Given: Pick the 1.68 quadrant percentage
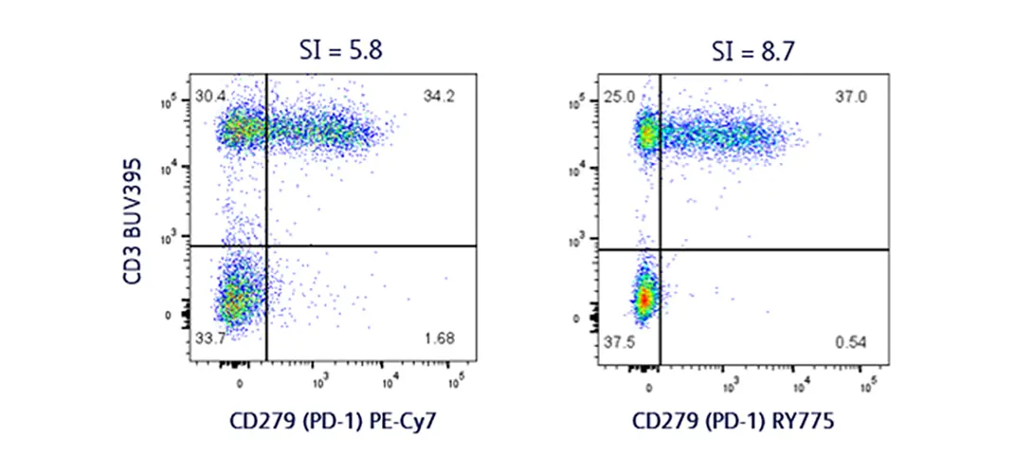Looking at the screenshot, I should point(437,338).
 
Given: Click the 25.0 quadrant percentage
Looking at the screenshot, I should point(621,98).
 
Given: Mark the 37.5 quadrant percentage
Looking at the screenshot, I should point(621,342).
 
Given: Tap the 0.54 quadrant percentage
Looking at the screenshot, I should point(849,342).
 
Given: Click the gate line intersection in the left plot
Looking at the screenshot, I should point(267,246).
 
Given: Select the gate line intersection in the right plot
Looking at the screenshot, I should point(660,249).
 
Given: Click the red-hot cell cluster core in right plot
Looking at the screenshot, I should point(643,300).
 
